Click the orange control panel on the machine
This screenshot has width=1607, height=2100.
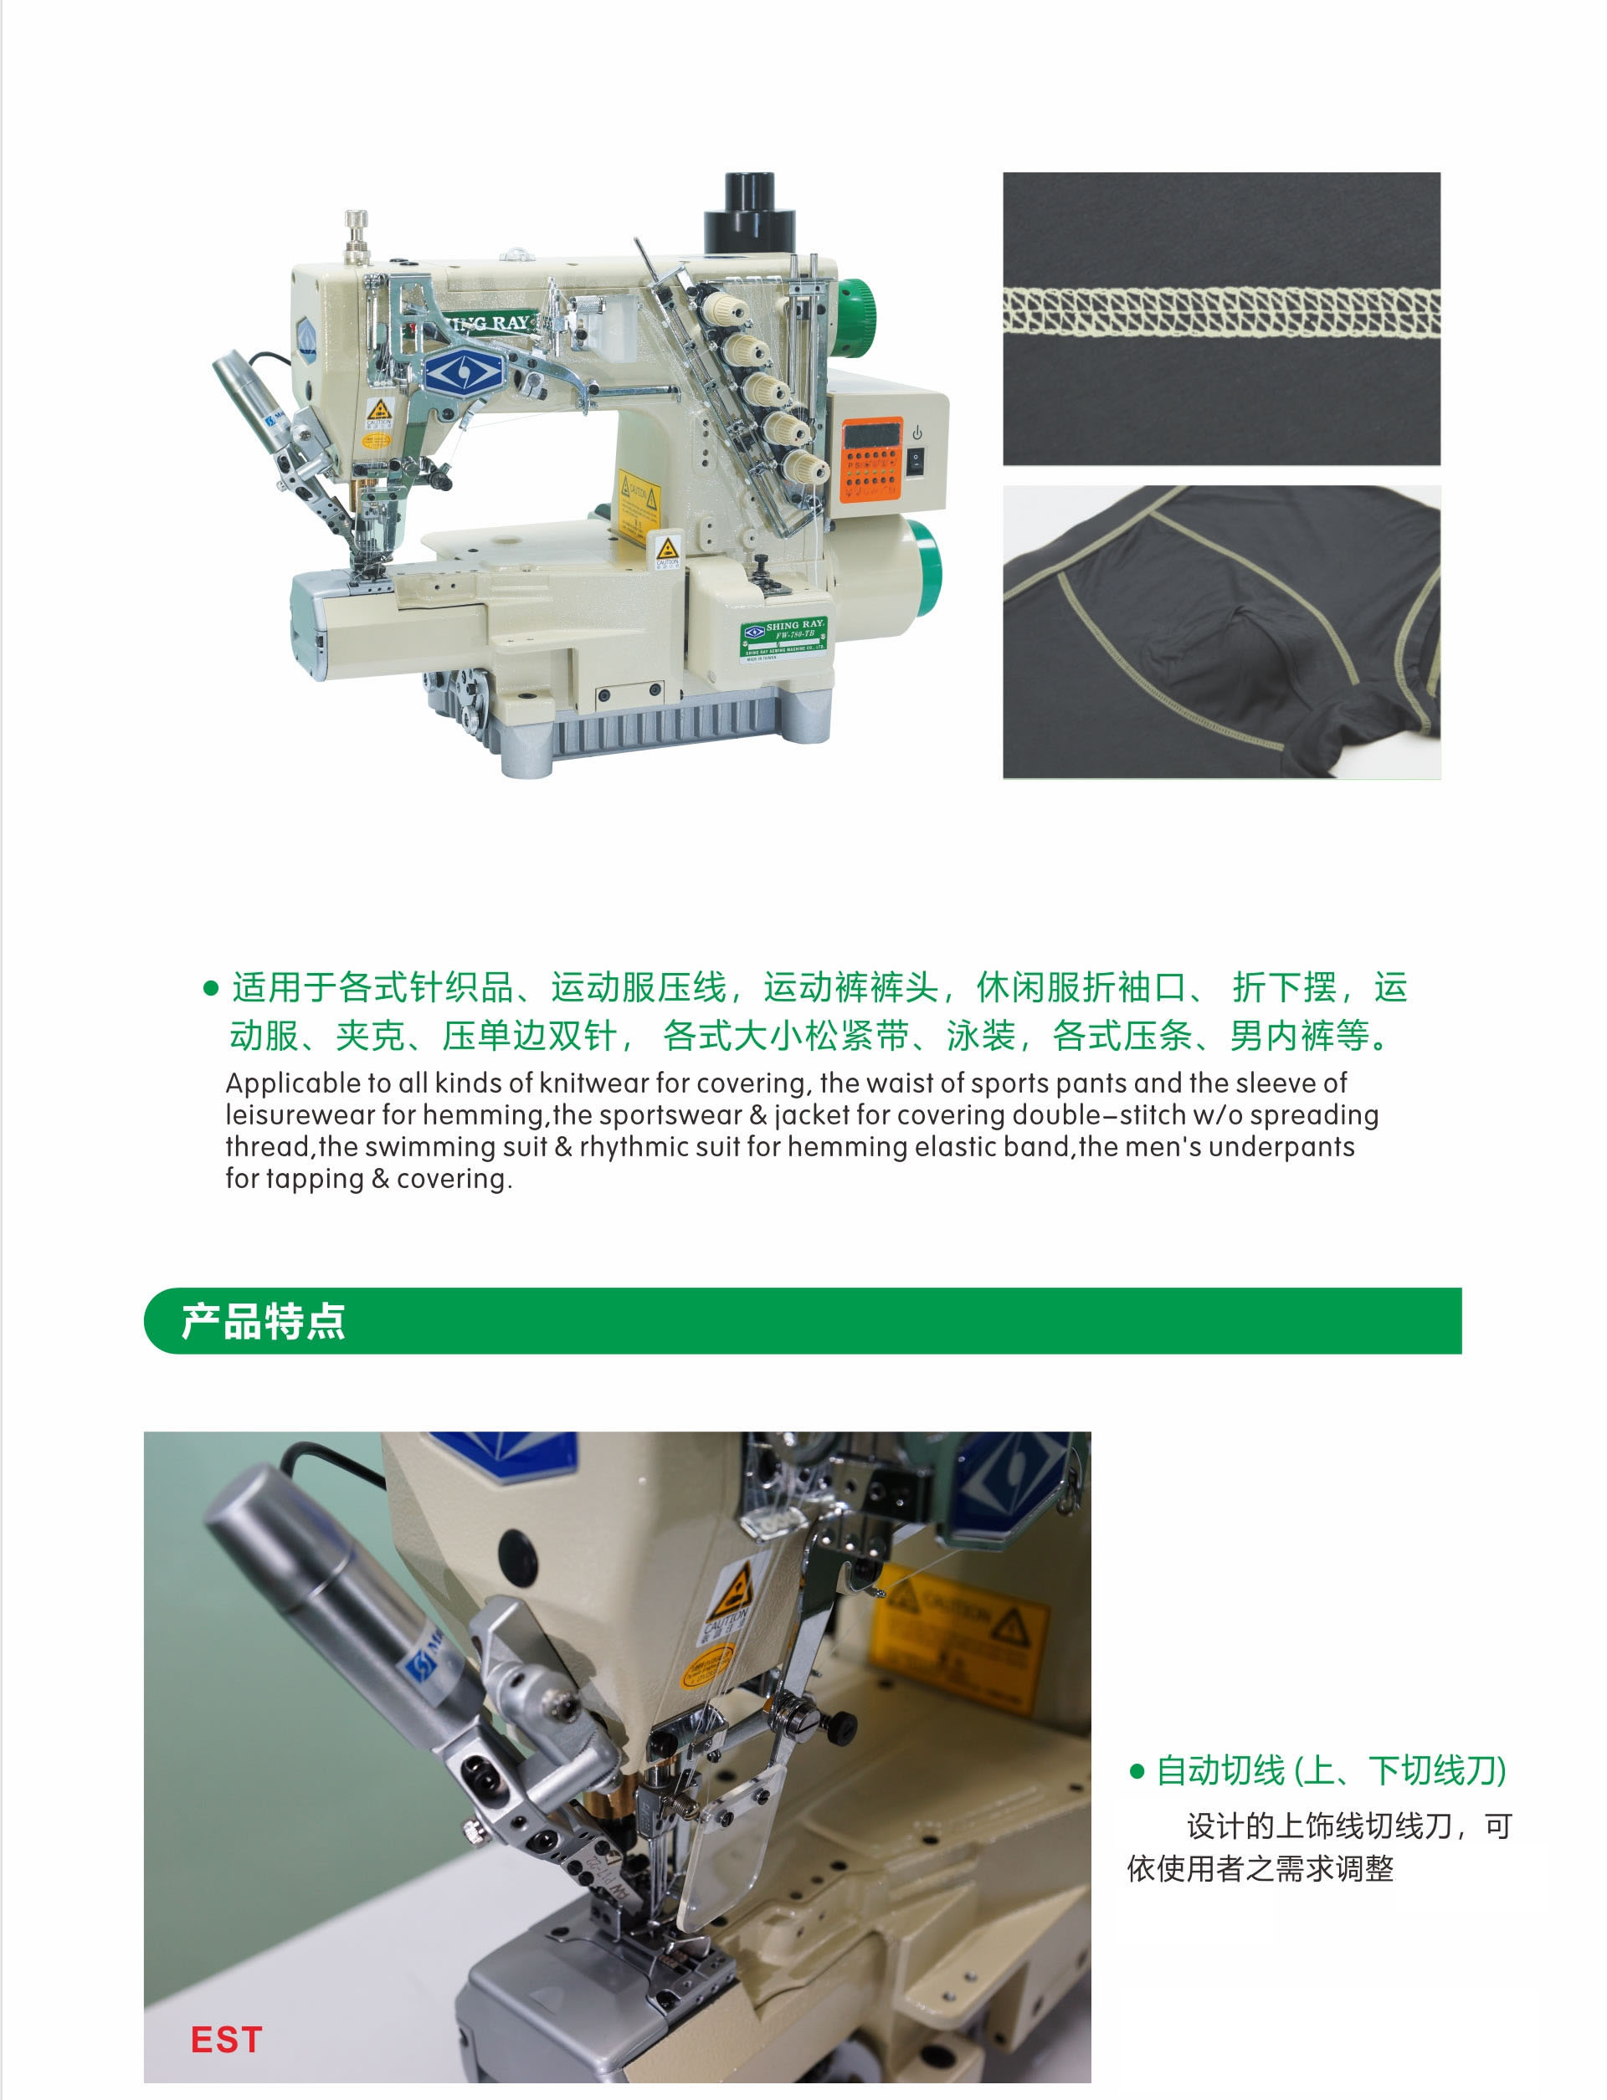(871, 459)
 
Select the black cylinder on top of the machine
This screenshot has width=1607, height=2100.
(750, 213)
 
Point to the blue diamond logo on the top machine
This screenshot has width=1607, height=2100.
(464, 373)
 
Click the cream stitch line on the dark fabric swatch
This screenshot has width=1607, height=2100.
(1221, 310)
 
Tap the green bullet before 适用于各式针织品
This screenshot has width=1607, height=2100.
(212, 988)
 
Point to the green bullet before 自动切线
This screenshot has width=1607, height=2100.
(1137, 1771)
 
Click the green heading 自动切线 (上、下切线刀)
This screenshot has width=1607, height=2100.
(1332, 1771)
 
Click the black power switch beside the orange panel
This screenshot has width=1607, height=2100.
(916, 461)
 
